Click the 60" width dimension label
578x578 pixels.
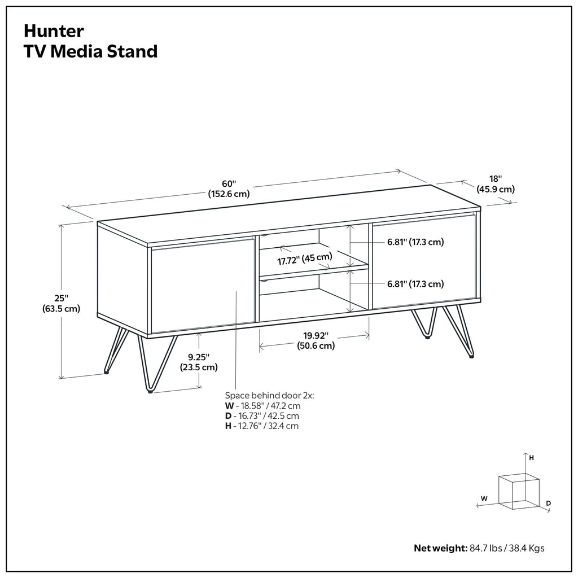(x=229, y=189)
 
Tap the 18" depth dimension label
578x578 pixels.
(x=496, y=183)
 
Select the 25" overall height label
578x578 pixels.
(x=61, y=303)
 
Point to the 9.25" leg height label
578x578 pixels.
(x=199, y=362)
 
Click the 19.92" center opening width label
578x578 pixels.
(x=315, y=341)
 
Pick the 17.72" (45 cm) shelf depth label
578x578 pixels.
(x=304, y=260)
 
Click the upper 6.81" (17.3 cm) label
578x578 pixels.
(x=415, y=242)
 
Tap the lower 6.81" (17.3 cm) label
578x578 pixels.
(x=415, y=284)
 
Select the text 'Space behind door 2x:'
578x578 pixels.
(x=269, y=396)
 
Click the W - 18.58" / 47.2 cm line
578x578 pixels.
(x=262, y=406)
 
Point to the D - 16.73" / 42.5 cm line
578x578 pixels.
(x=262, y=416)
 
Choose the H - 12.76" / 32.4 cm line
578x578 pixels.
(x=262, y=426)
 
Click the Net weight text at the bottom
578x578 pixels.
(x=479, y=548)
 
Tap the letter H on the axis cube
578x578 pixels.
(x=531, y=458)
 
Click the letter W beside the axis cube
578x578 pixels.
(x=484, y=498)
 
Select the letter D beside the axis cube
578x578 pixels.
(x=548, y=502)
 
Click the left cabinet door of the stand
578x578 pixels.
(x=202, y=286)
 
